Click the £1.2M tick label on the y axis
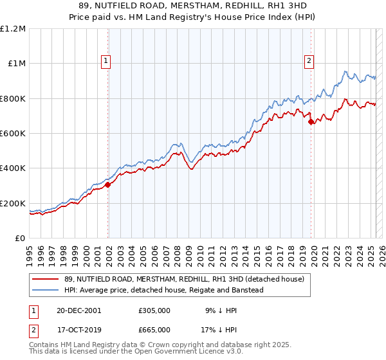pyautogui.click(x=13, y=29)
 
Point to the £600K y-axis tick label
pyautogui.click(x=13, y=134)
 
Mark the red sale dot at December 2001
pyautogui.click(x=108, y=185)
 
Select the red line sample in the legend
pyautogui.click(x=46, y=279)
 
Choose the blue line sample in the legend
pyautogui.click(x=46, y=290)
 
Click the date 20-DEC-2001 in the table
pyautogui.click(x=78, y=309)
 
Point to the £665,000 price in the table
pyautogui.click(x=154, y=329)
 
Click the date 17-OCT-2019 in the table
pyautogui.click(x=78, y=329)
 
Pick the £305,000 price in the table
pyautogui.click(x=154, y=309)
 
